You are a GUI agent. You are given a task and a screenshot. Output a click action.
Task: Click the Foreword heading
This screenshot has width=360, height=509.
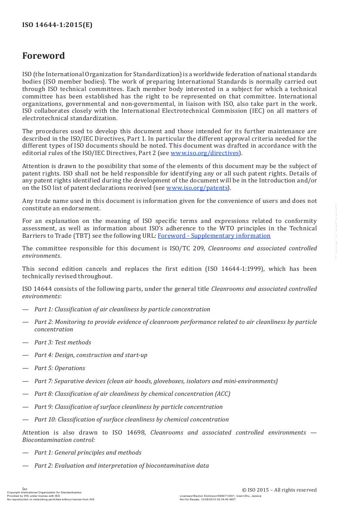tap(44, 56)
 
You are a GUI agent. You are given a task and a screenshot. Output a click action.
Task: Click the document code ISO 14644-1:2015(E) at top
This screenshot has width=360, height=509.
tap(57, 25)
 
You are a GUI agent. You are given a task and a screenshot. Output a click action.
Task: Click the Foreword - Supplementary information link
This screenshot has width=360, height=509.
tap(214, 236)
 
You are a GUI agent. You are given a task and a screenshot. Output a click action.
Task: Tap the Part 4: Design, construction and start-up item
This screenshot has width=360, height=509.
tap(91, 355)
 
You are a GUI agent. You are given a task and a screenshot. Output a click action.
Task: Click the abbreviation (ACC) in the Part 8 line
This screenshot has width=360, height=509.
tap(222, 394)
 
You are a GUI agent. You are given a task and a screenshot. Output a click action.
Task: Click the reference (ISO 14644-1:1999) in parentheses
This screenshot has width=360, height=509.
tap(234, 269)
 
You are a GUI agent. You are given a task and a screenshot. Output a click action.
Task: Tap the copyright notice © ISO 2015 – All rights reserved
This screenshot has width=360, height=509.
tap(279, 490)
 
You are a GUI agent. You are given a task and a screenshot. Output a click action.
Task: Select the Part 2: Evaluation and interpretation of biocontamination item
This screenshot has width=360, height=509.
tap(121, 465)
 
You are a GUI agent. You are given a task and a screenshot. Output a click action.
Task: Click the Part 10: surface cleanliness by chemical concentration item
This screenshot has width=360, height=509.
tap(131, 419)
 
